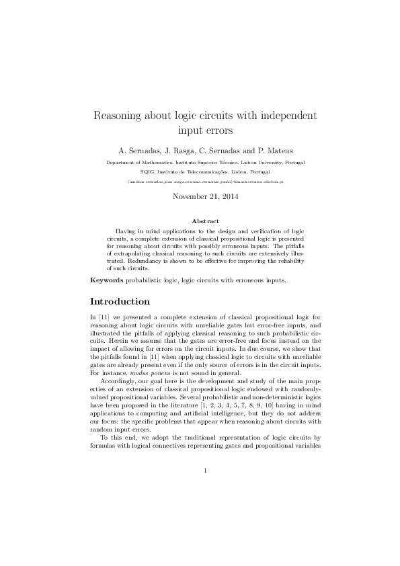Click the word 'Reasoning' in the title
pos(119,116)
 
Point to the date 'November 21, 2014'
pos(200,197)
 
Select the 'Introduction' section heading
pos(120,301)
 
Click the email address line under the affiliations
pos(200,181)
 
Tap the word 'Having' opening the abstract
pos(126,230)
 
